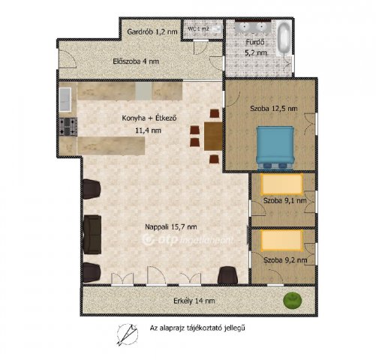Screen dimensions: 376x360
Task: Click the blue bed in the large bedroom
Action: point(275,148)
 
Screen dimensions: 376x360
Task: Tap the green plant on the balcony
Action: point(292,300)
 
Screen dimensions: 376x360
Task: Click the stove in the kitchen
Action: point(68,127)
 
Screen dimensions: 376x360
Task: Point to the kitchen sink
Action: point(65,99)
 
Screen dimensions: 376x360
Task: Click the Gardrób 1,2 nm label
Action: point(152,31)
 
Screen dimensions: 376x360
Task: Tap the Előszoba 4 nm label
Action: point(136,61)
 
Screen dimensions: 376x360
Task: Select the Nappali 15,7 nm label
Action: point(171,226)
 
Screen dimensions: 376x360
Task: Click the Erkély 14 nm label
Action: point(194,301)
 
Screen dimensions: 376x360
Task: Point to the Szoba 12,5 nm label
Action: point(274,109)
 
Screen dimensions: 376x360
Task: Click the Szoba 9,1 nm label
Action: point(285,200)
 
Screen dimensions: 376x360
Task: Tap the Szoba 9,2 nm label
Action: point(285,260)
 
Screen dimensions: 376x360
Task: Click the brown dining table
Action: point(213,136)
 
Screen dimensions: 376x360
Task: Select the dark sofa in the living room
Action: point(92,235)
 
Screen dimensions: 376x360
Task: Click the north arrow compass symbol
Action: point(128,334)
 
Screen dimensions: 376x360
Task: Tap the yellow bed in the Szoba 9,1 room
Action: point(281,184)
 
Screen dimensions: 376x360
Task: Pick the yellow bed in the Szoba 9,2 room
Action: point(281,241)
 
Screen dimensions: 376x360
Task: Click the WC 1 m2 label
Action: point(198,28)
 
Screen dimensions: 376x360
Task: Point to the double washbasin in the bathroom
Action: point(252,27)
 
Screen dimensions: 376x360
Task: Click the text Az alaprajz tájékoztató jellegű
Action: point(197,328)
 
